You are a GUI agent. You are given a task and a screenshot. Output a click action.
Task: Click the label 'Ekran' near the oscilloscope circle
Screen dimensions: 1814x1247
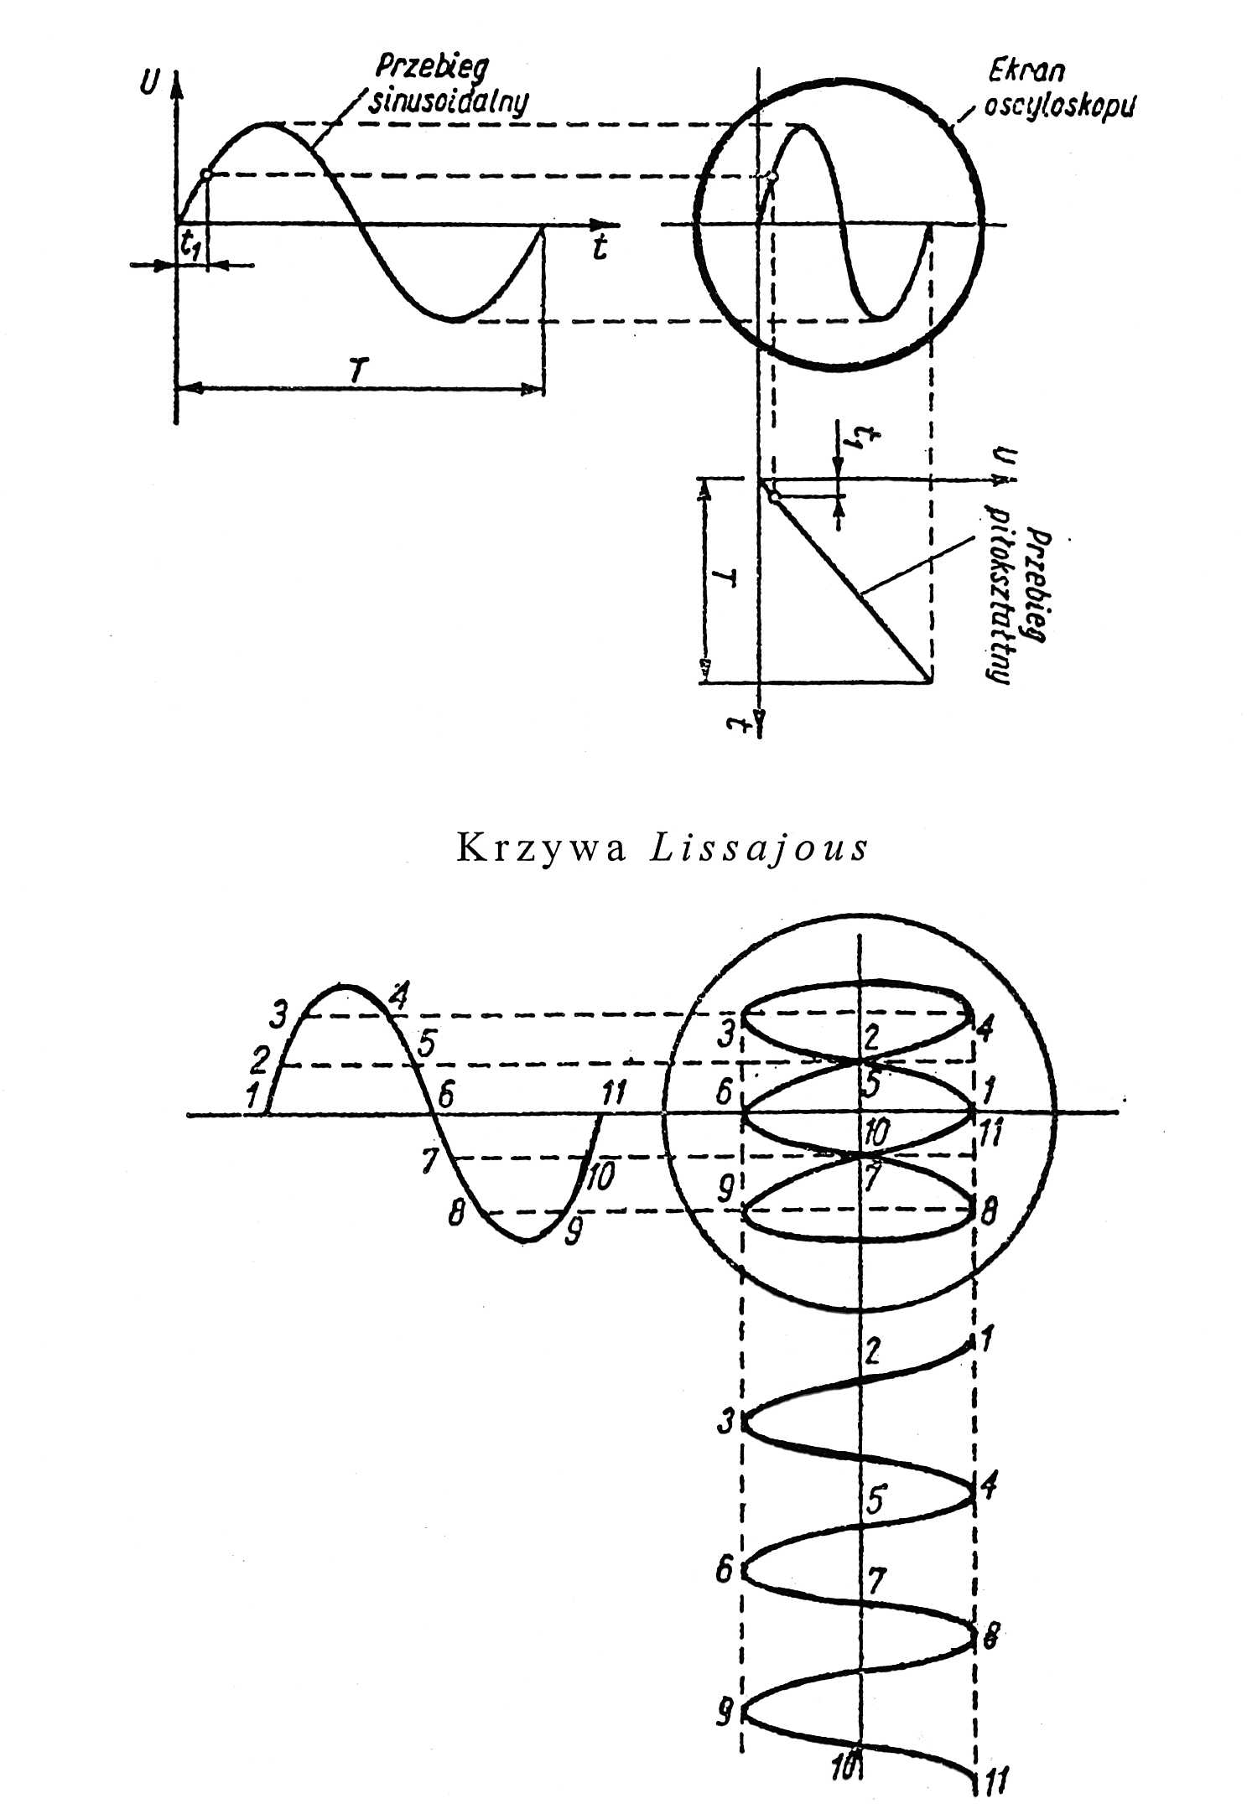coord(1026,70)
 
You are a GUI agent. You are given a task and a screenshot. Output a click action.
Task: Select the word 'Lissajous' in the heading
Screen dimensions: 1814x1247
coord(759,848)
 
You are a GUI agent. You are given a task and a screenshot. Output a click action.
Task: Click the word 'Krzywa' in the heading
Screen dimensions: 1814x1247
coord(541,848)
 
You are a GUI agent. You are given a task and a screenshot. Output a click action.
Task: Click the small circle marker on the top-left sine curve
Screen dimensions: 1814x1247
coord(205,175)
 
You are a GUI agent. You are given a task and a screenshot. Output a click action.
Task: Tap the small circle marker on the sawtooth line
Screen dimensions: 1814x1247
coord(773,497)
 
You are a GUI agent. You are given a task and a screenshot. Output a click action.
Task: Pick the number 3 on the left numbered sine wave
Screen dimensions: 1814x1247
coord(278,1015)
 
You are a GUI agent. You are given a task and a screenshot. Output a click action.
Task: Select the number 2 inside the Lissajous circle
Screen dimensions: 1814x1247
coord(872,1039)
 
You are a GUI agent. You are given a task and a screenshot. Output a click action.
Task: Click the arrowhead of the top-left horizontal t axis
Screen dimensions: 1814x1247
coord(600,225)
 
